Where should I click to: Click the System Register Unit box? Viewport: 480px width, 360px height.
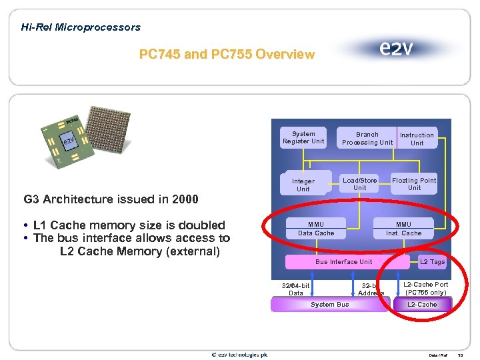[303, 137]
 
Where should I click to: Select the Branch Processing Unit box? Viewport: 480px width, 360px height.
[367, 138]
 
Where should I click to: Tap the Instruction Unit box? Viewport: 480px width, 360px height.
[417, 139]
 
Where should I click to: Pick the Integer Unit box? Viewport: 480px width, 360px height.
[303, 185]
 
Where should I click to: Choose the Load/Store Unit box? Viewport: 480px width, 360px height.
[359, 184]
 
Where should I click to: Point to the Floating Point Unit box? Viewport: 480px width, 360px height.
[414, 184]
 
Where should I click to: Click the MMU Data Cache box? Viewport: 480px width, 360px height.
[316, 229]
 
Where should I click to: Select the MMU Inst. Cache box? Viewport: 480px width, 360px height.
[403, 229]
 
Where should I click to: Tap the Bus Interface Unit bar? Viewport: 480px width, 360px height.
[344, 262]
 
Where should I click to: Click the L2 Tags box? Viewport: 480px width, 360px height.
[432, 262]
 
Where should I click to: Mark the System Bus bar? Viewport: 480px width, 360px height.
[330, 305]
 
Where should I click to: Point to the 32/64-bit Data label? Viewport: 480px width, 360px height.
[296, 289]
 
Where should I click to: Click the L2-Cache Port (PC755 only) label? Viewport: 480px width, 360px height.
[427, 288]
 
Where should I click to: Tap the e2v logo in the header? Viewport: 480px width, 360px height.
[396, 49]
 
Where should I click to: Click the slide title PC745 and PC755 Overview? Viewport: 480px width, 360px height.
[227, 54]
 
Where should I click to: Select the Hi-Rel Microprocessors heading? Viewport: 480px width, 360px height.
[81, 27]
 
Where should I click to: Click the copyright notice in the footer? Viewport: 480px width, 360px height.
[240, 354]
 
